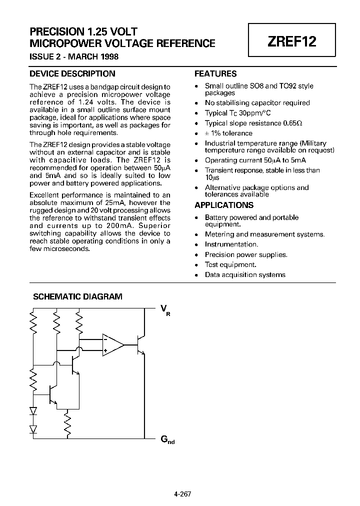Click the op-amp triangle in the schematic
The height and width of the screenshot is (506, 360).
113,344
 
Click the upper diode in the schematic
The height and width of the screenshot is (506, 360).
33,411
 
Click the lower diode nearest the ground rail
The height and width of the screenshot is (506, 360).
33,428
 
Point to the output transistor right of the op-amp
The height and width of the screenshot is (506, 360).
140,345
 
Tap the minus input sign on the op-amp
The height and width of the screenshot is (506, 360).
105,339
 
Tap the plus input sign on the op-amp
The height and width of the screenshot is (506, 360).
105,350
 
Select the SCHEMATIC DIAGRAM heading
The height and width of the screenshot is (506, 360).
77,296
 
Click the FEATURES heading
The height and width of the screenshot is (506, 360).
215,73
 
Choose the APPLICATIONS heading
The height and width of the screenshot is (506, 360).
223,205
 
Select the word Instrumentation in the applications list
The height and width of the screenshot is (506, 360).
231,244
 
